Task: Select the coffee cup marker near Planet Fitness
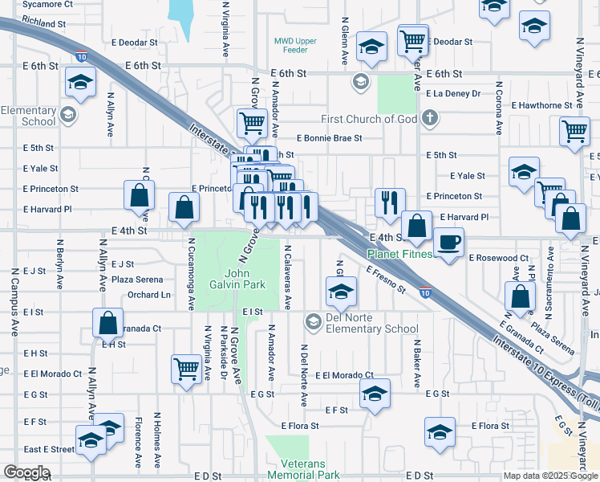pos(448,242)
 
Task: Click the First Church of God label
pos(369,120)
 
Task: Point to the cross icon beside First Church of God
pos(430,120)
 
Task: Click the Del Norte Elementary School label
pos(361,328)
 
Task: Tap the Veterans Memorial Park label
pos(315,470)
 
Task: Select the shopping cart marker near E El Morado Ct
pos(187,370)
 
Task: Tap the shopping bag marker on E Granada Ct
pos(107,324)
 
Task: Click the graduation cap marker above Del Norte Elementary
pos(340,291)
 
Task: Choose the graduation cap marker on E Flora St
pos(440,431)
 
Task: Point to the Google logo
pos(26,472)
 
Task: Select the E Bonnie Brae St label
pos(329,138)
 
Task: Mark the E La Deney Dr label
pos(453,94)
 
